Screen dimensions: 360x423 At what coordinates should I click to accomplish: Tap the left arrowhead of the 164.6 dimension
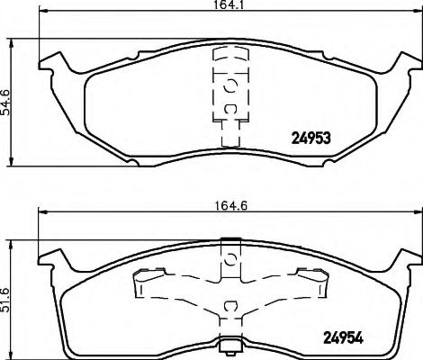click(40, 212)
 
